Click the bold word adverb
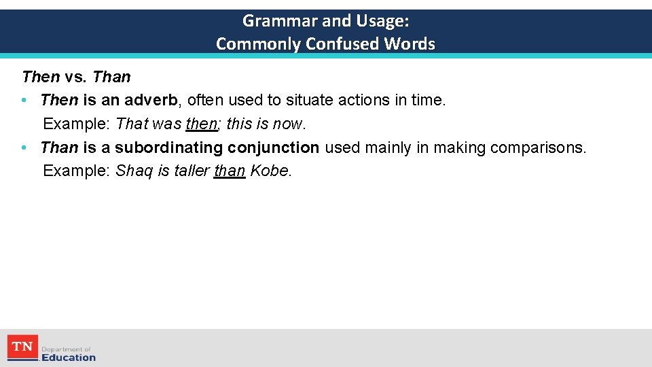pyautogui.click(x=151, y=101)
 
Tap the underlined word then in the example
pyautogui.click(x=200, y=124)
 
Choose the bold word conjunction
pyautogui.click(x=274, y=147)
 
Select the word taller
pyautogui.click(x=191, y=171)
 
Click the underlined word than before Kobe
pyautogui.click(x=229, y=171)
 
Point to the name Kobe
pyautogui.click(x=270, y=171)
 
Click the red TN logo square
pyautogui.click(x=22, y=347)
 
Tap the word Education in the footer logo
pyautogui.click(x=69, y=357)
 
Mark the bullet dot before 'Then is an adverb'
pyautogui.click(x=24, y=101)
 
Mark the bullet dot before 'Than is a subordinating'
pyautogui.click(x=24, y=147)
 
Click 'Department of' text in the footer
pyautogui.click(x=66, y=349)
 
